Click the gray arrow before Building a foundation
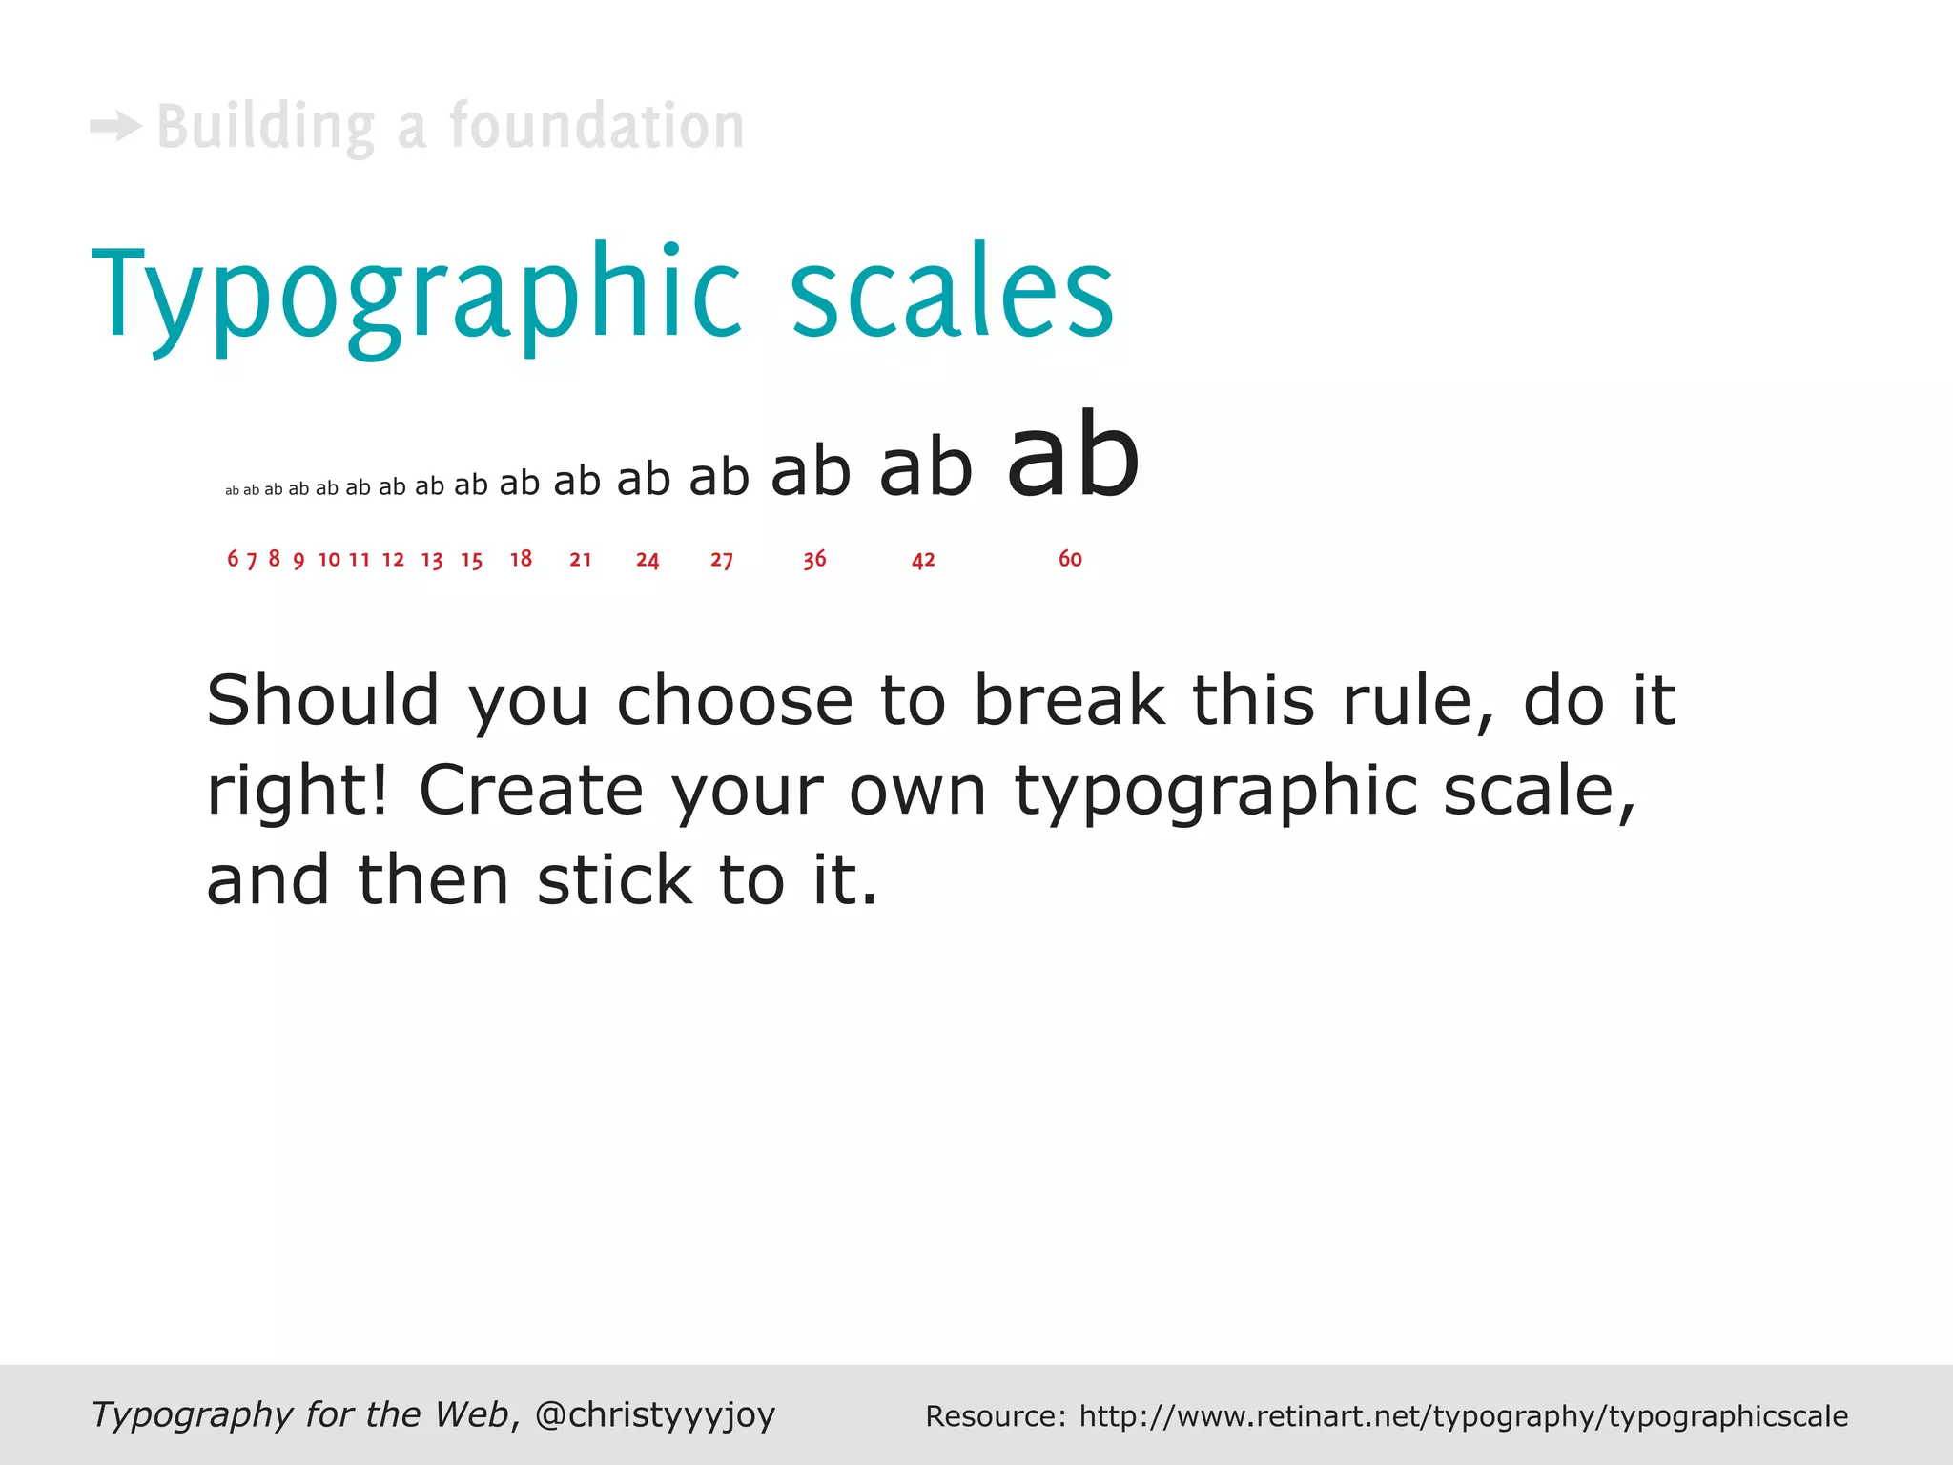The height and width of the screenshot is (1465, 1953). [x=115, y=126]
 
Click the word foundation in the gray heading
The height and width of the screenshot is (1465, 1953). [x=597, y=126]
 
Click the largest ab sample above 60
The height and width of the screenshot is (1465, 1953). [x=1073, y=456]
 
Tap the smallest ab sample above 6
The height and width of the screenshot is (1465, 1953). [x=232, y=491]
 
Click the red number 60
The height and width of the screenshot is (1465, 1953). [x=1070, y=559]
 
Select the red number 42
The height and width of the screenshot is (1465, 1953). [x=923, y=560]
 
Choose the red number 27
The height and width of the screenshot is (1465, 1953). [x=722, y=560]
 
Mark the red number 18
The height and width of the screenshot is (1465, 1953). [x=521, y=559]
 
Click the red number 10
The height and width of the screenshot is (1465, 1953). [x=329, y=560]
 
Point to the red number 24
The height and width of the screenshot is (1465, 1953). [x=648, y=560]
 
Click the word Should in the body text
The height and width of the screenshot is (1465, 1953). [x=322, y=701]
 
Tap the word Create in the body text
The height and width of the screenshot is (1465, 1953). [x=531, y=791]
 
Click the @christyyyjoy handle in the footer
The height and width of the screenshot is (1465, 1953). [x=655, y=1414]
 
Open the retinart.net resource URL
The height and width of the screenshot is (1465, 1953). [x=1463, y=1416]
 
